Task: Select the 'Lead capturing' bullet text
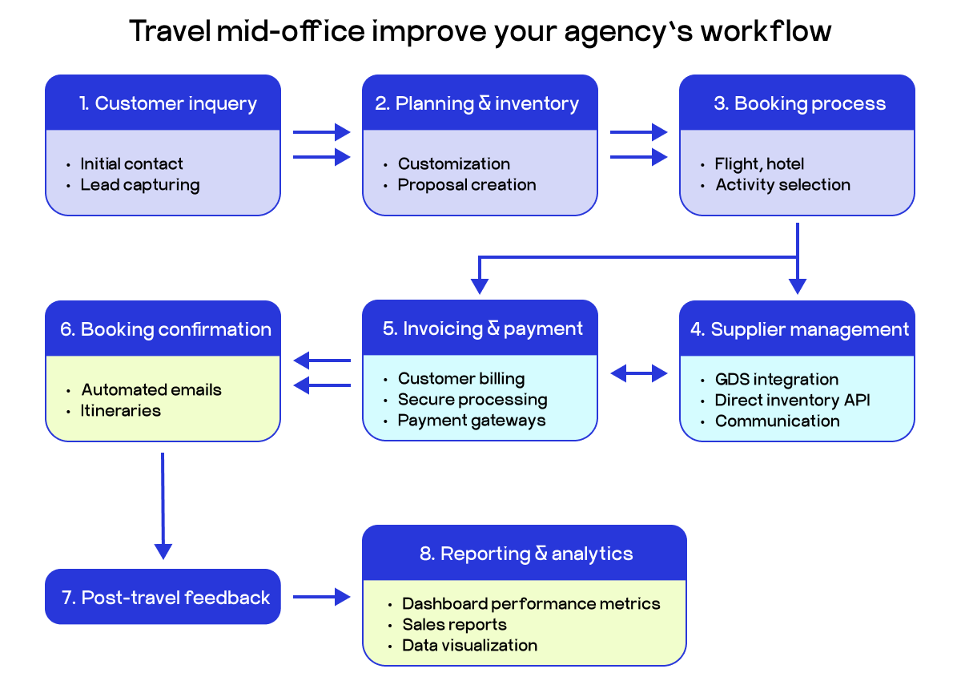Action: click(139, 185)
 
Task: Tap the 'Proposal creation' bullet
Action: click(467, 185)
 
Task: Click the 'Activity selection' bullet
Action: click(782, 185)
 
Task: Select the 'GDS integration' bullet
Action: click(776, 380)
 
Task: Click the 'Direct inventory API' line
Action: click(792, 401)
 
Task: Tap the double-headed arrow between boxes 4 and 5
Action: click(638, 373)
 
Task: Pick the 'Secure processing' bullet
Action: click(472, 400)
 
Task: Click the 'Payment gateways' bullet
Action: click(471, 421)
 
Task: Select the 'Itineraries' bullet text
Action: click(121, 411)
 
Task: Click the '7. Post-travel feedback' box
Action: click(163, 597)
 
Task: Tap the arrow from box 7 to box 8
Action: click(321, 596)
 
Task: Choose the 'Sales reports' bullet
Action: click(454, 625)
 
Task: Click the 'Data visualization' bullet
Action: click(469, 646)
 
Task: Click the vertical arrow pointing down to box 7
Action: click(163, 505)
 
